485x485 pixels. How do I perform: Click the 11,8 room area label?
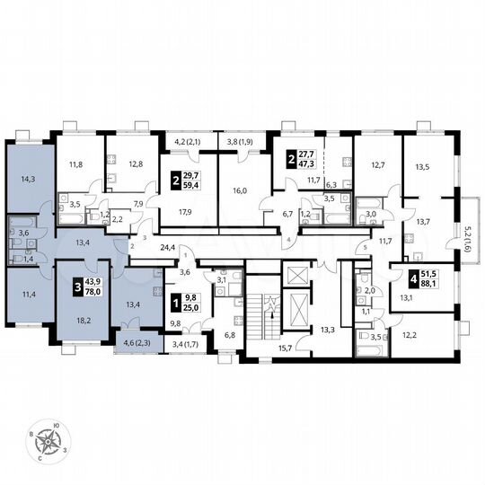coord(78,164)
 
